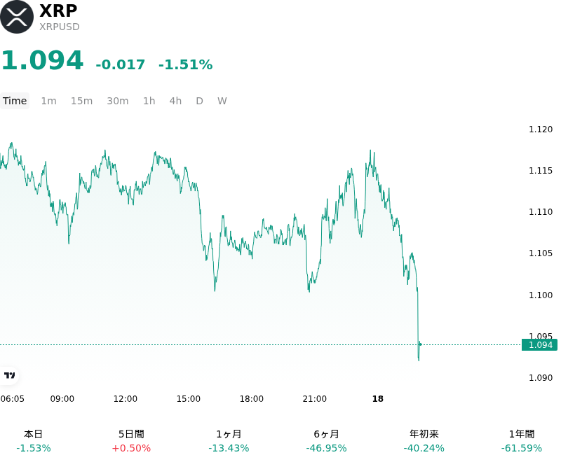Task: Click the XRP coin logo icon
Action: (x=16, y=17)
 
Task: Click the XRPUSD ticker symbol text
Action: (x=60, y=27)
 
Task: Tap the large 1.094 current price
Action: (x=43, y=60)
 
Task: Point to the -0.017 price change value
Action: (x=120, y=64)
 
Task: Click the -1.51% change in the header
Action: (x=186, y=64)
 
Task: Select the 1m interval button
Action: (x=48, y=101)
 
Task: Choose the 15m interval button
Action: (x=81, y=101)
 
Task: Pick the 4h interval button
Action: (x=175, y=101)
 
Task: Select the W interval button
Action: (x=222, y=101)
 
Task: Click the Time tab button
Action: (x=15, y=101)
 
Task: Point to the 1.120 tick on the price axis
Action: (x=541, y=129)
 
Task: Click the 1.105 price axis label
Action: (x=541, y=253)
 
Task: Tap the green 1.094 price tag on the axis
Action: (x=540, y=345)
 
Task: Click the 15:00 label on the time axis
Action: (x=189, y=399)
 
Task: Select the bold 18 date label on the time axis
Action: (x=378, y=399)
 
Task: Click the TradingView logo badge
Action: (x=9, y=375)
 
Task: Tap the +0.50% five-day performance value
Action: (x=131, y=448)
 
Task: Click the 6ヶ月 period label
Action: (x=326, y=434)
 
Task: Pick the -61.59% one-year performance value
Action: (x=522, y=448)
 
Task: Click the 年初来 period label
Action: (x=424, y=434)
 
